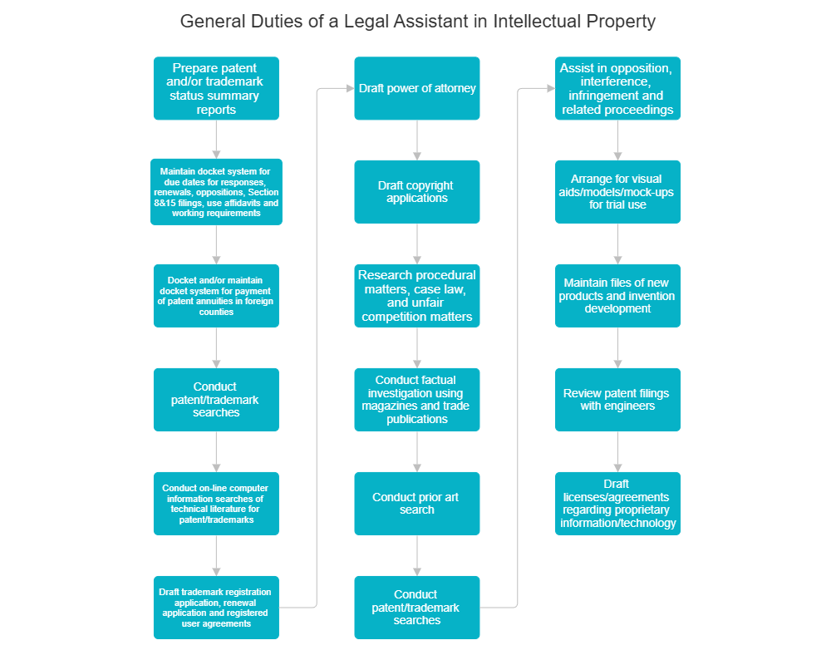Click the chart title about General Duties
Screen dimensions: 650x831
click(417, 22)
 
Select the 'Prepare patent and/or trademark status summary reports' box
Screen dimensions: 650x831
click(216, 88)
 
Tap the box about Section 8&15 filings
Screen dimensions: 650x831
click(216, 192)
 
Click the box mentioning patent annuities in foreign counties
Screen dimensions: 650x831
click(216, 296)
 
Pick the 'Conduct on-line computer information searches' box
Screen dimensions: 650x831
click(216, 503)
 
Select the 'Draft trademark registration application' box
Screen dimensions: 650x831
click(216, 607)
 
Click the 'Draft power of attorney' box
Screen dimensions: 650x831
click(417, 88)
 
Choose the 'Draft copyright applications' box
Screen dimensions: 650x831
click(417, 192)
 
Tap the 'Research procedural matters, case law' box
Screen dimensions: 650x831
click(417, 296)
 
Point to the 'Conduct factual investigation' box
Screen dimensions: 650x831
click(417, 400)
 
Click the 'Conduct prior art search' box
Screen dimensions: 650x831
click(417, 503)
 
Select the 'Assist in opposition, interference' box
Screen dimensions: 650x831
click(617, 88)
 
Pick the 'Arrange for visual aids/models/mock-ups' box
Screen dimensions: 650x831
click(617, 192)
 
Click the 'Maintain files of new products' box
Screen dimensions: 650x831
click(617, 296)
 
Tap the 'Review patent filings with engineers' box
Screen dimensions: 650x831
click(617, 400)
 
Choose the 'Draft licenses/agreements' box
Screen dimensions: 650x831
click(617, 503)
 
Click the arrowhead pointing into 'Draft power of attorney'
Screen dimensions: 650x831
click(349, 88)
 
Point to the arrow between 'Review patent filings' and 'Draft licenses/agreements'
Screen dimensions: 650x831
click(617, 451)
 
